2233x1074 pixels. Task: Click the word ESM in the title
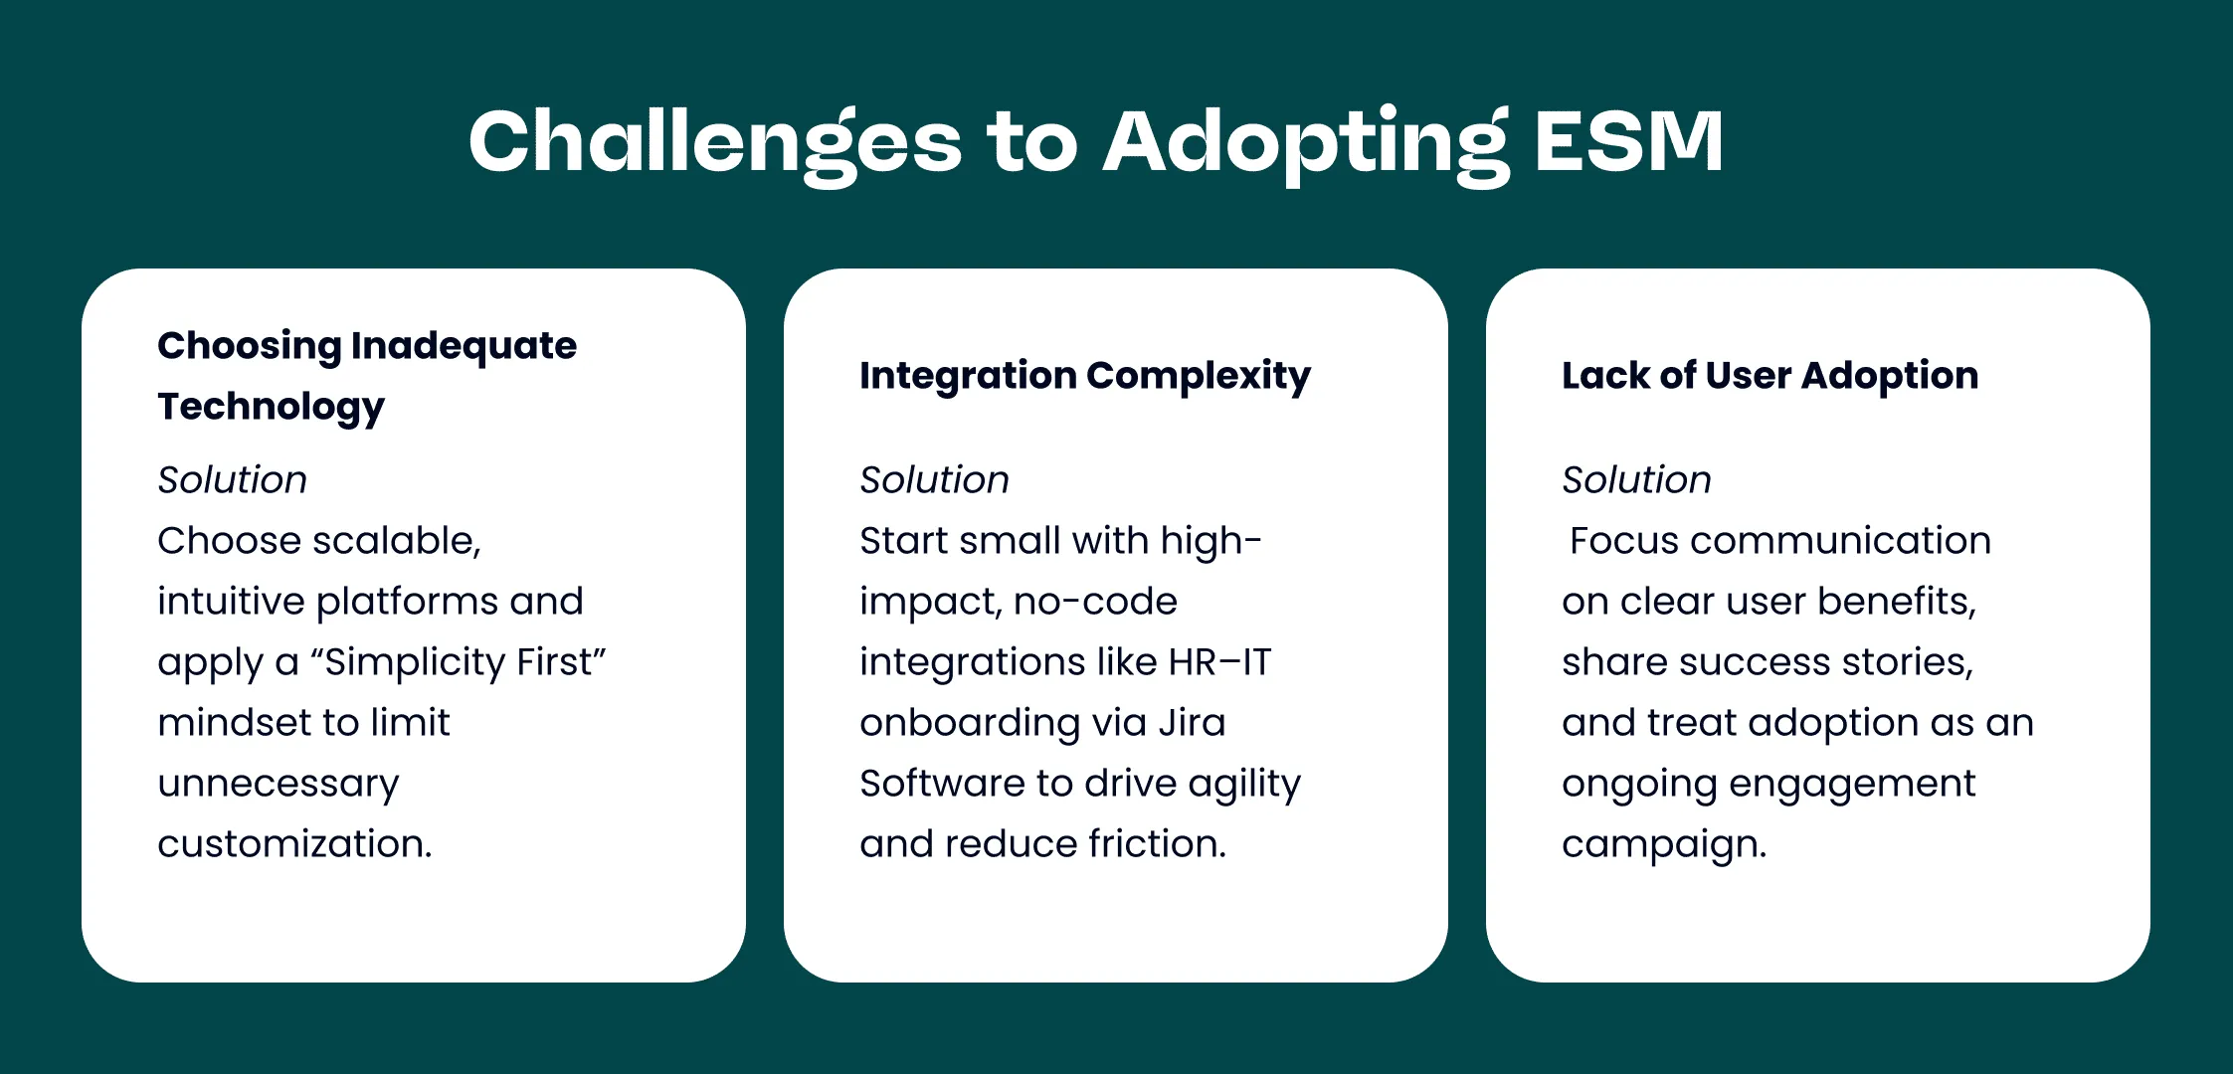(1628, 141)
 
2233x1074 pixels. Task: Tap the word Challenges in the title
(715, 144)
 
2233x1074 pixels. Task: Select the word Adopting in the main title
(1306, 144)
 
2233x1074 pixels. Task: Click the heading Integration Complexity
(1085, 376)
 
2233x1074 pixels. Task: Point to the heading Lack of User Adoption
(1769, 375)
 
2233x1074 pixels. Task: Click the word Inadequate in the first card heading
(464, 346)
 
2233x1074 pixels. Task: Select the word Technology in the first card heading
(271, 408)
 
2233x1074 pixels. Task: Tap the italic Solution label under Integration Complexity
(934, 479)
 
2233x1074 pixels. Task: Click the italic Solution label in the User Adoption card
(1636, 479)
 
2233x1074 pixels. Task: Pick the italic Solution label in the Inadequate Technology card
(232, 479)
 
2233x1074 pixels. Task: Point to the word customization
(294, 843)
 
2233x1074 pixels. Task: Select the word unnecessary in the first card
(279, 785)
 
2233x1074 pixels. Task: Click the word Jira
(1192, 722)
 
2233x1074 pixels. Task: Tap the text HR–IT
(1219, 661)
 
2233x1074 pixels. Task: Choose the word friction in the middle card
(1158, 843)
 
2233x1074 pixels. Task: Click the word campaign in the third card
(1664, 845)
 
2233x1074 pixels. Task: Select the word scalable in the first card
(396, 541)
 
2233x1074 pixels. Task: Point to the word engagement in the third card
(1852, 785)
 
